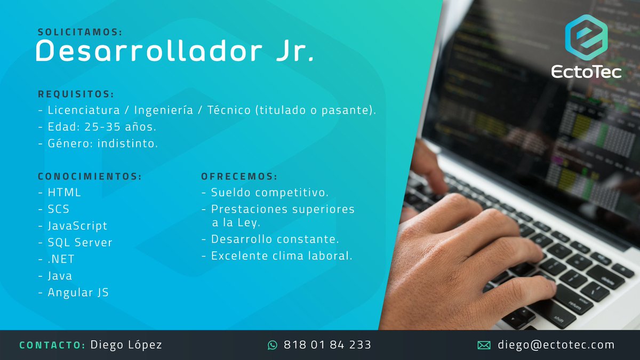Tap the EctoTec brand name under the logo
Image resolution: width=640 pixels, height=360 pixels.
pos(586,71)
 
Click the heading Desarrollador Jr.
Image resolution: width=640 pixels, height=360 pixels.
pos(174,52)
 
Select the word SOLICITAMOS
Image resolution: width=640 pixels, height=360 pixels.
pos(80,33)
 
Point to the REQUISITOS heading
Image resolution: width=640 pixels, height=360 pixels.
pos(76,94)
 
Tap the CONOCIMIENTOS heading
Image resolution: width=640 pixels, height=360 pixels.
pos(90,177)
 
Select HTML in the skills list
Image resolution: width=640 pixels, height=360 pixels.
pos(64,193)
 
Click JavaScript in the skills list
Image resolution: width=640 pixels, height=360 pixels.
pos(77,226)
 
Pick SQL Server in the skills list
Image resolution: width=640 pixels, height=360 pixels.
pos(80,243)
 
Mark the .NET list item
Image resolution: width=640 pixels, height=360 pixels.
pos(61,259)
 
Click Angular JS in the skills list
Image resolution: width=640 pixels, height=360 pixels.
pos(78,293)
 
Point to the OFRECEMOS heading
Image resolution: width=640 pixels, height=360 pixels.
pos(239,177)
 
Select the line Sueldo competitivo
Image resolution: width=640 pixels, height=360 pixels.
pos(269,193)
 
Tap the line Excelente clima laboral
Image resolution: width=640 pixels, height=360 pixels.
pos(282,256)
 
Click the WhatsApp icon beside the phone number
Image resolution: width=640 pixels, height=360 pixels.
pos(273,345)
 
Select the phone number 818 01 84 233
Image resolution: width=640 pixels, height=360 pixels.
pos(327,345)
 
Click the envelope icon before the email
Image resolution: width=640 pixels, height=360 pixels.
pos(484,345)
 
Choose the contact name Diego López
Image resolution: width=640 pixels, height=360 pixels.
pos(126,345)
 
